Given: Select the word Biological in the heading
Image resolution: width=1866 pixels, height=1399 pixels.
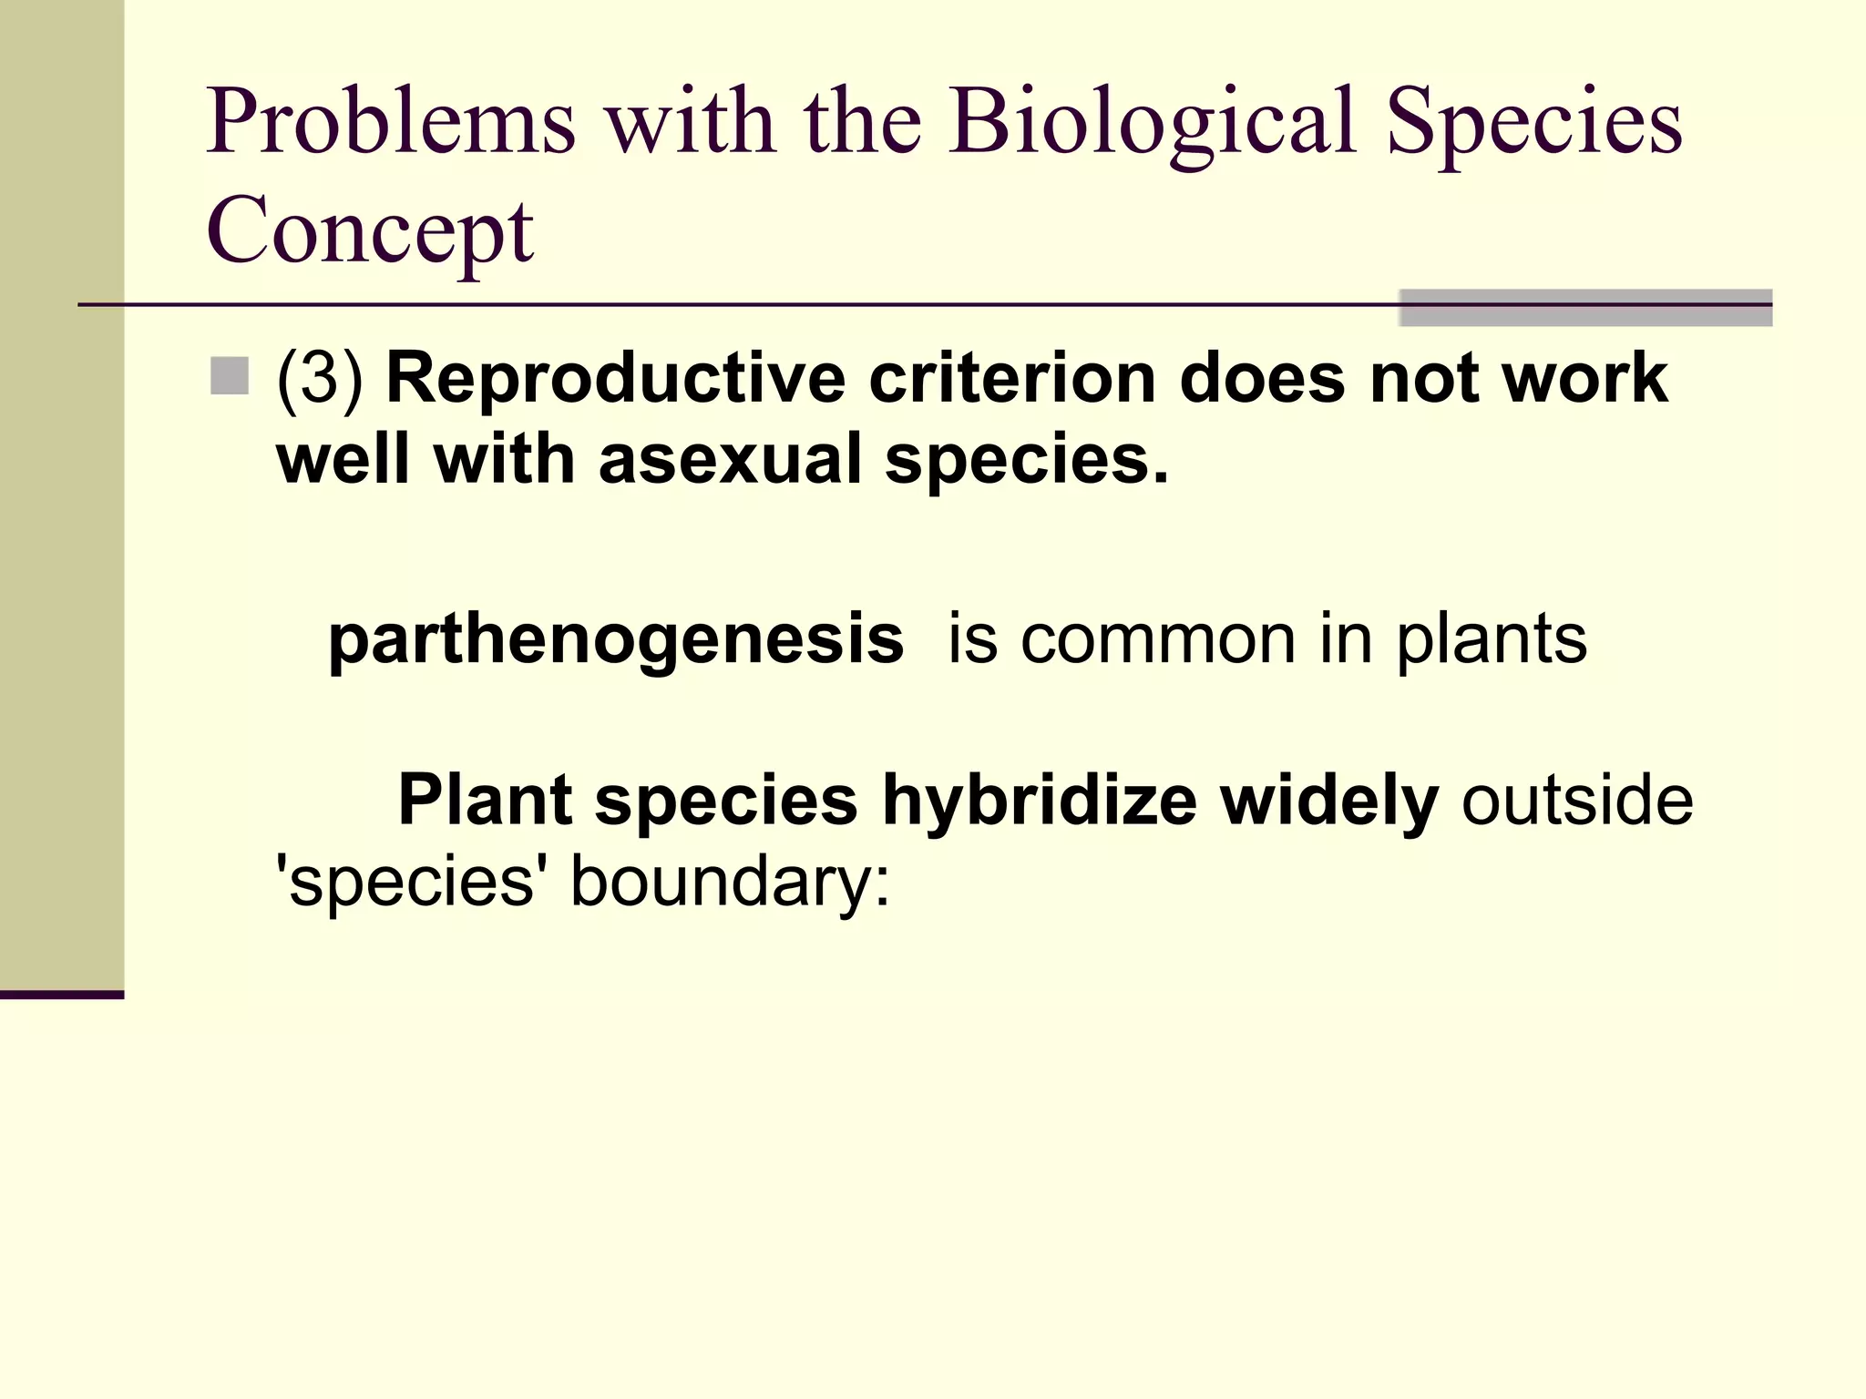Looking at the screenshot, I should (1152, 123).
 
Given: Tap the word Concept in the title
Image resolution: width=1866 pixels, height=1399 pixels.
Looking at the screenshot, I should (370, 231).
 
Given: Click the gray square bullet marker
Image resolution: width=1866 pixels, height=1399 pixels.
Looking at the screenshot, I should (230, 376).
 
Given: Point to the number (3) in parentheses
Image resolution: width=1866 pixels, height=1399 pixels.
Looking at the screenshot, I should (320, 378).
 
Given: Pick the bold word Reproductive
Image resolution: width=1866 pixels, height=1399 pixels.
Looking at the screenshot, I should (616, 378).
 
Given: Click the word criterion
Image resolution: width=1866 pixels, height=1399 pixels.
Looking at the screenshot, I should (1012, 378).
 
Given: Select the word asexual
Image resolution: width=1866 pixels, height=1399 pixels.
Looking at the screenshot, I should (730, 459).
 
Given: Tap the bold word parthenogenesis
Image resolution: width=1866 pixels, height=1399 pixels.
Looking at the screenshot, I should (616, 639).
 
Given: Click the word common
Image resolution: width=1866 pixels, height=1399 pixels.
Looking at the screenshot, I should (1157, 639).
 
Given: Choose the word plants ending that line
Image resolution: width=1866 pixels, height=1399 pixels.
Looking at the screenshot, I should (1492, 639).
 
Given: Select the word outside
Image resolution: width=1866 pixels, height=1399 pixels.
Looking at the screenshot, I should (1577, 801).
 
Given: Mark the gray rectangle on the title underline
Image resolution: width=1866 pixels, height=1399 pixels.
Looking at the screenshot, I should (1585, 308).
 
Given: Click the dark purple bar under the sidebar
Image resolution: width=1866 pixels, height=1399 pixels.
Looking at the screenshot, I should (62, 995).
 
